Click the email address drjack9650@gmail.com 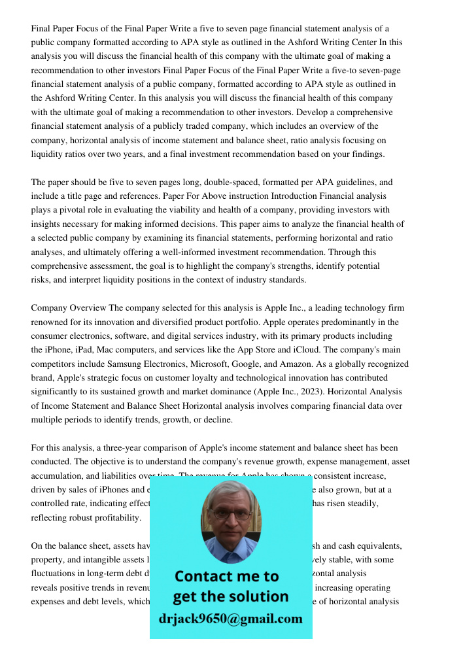[x=230, y=619]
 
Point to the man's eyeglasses [x=230, y=513]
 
